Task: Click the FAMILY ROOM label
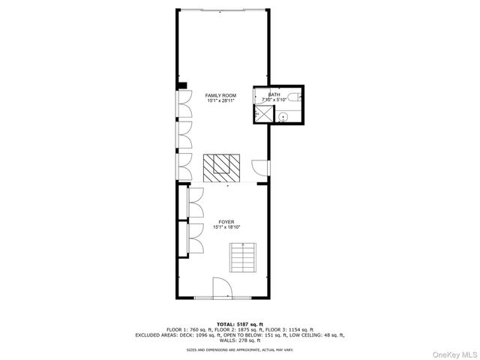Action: point(220,95)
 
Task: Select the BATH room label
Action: point(274,94)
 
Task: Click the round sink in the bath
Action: point(283,116)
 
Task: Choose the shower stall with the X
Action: point(264,113)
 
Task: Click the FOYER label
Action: point(226,222)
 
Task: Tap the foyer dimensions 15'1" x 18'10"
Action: point(226,227)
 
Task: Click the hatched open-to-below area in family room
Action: point(222,167)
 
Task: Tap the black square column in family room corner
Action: point(181,85)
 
